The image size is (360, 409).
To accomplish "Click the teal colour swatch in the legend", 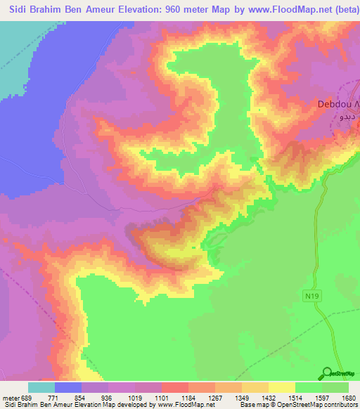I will click(x=41, y=387).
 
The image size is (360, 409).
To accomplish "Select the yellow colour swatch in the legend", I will click(x=282, y=387).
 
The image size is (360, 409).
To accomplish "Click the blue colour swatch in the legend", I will click(x=68, y=387).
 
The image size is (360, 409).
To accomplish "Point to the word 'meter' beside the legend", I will click(x=11, y=397).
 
